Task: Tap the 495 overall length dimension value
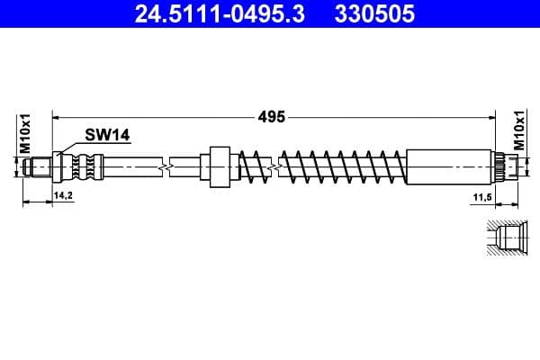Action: tap(272, 116)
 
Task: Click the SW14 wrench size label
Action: tap(108, 135)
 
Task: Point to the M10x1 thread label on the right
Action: tap(519, 131)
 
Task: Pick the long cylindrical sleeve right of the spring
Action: tap(450, 166)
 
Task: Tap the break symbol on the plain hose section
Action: tap(164, 166)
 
